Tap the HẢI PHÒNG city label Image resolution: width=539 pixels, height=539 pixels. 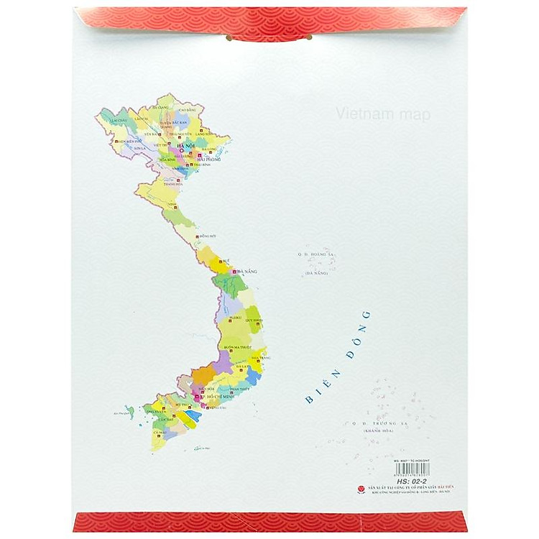208,158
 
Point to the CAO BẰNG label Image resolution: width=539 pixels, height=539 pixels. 188,109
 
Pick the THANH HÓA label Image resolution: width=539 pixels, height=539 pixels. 170,184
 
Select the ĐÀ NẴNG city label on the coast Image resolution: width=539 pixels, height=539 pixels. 247,272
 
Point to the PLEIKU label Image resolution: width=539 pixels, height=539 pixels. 233,315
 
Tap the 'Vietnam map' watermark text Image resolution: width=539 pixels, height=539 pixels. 382,114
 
